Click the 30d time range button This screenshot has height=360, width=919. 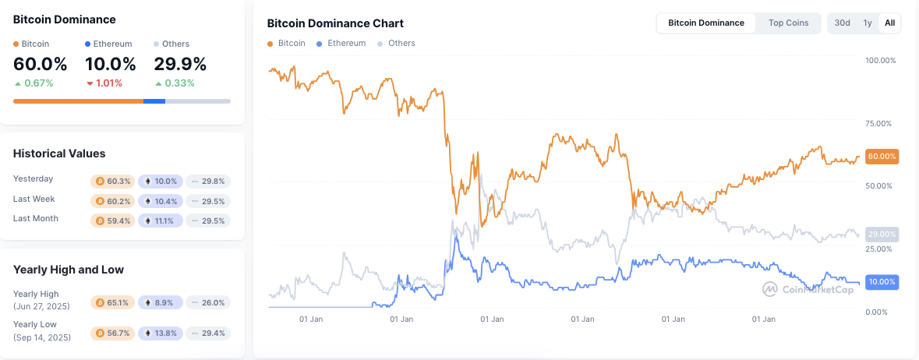[842, 23]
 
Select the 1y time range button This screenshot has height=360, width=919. [868, 23]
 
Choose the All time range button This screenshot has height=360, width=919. [889, 23]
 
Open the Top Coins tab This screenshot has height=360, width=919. [788, 23]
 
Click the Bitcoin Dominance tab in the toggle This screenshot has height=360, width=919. [706, 23]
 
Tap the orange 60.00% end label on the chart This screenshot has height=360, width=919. [882, 157]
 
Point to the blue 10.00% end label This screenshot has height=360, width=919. [882, 282]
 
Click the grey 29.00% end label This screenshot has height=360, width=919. [882, 234]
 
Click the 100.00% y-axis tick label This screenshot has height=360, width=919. [881, 61]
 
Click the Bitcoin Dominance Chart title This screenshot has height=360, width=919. [335, 23]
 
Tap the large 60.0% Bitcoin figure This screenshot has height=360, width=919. [40, 63]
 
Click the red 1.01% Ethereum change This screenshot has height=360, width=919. [104, 83]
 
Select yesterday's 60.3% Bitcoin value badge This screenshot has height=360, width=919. [113, 182]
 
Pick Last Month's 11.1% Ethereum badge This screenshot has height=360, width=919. [161, 221]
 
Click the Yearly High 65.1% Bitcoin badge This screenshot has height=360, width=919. [113, 302]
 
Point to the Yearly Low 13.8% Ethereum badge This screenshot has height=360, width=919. [161, 334]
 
